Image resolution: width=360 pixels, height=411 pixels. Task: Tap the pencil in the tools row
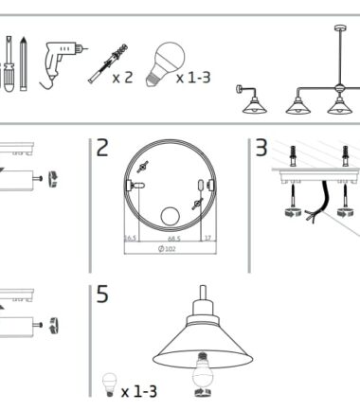pyautogui.click(x=23, y=63)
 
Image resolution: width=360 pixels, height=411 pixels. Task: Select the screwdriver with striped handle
pyautogui.click(x=9, y=63)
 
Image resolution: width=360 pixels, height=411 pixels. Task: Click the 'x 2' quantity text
pyautogui.click(x=122, y=78)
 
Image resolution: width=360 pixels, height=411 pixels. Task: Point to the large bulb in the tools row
pyautogui.click(x=166, y=63)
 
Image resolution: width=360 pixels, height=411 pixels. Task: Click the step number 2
pyautogui.click(x=102, y=148)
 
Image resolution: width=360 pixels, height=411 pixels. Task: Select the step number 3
pyautogui.click(x=261, y=148)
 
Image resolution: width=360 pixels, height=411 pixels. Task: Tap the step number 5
pyautogui.click(x=102, y=294)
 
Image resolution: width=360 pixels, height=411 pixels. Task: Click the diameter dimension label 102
pyautogui.click(x=167, y=249)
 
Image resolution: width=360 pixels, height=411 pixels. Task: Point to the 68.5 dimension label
pyautogui.click(x=174, y=239)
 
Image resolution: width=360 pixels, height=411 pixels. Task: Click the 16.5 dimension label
pyautogui.click(x=130, y=238)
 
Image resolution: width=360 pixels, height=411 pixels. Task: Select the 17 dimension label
pyautogui.click(x=208, y=238)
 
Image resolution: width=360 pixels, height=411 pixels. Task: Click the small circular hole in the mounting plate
pyautogui.click(x=170, y=216)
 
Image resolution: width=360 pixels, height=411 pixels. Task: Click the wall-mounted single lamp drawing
pyautogui.click(x=251, y=99)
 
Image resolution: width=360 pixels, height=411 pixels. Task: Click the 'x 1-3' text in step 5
pyautogui.click(x=139, y=392)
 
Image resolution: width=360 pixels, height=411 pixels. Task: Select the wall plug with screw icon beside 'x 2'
pyautogui.click(x=108, y=63)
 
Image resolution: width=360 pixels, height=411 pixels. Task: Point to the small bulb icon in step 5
pyautogui.click(x=110, y=384)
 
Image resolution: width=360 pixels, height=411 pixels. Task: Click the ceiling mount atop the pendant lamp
pyautogui.click(x=340, y=27)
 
